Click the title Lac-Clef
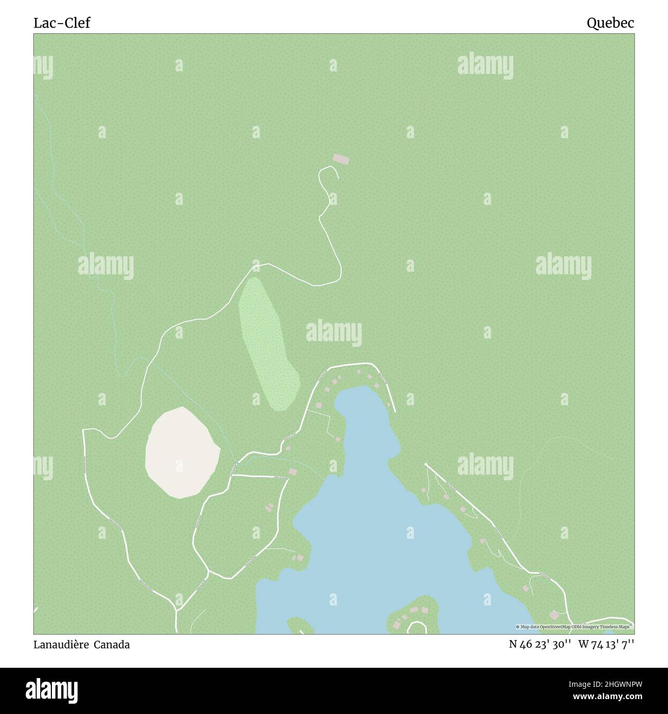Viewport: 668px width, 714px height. point(62,23)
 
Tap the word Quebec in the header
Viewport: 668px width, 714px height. point(610,23)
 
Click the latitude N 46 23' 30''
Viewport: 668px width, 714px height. point(540,645)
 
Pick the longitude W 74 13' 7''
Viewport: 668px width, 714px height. point(606,645)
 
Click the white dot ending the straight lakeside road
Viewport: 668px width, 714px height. point(426,465)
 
